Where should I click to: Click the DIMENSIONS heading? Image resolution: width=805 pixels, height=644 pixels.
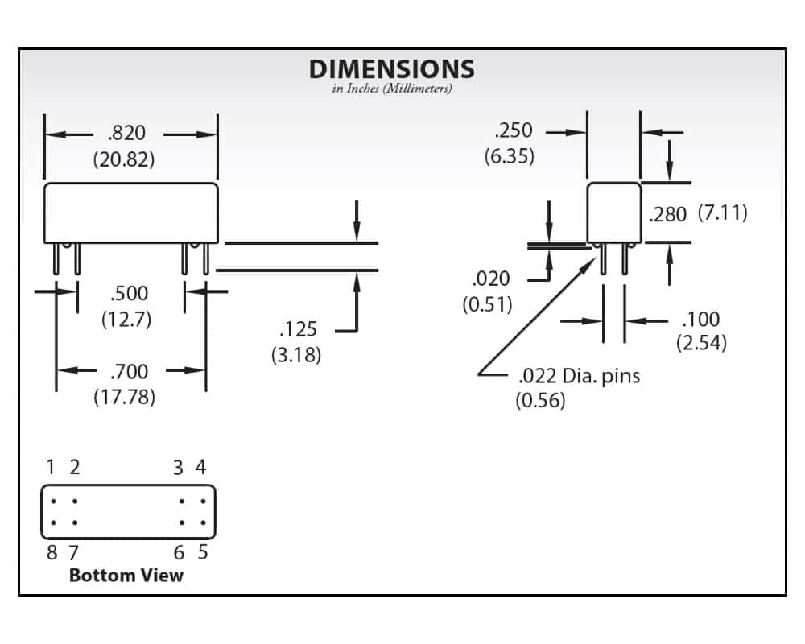(392, 69)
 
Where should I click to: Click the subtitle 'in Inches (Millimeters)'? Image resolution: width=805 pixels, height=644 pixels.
(392, 89)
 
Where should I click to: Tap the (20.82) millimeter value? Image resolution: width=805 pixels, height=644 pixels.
(124, 159)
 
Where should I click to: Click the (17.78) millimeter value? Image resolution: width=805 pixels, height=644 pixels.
(124, 396)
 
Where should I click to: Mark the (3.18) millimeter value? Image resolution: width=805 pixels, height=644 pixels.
(295, 354)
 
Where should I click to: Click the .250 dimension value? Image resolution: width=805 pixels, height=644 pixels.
(513, 131)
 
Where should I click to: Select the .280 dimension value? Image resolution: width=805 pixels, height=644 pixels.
(667, 215)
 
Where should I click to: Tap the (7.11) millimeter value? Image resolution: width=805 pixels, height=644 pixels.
(722, 213)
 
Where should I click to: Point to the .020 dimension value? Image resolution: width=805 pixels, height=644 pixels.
(490, 279)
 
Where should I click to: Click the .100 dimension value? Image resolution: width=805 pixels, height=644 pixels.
(700, 319)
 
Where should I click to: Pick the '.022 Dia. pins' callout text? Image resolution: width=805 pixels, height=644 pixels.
(579, 375)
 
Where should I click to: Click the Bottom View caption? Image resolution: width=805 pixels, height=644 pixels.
(126, 575)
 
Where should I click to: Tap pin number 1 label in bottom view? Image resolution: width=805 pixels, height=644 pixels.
(51, 467)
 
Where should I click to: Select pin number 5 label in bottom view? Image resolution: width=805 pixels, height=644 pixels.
(202, 552)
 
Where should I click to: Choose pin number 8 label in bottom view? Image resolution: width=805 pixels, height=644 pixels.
(52, 552)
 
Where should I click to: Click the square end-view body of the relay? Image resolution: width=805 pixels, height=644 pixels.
(613, 213)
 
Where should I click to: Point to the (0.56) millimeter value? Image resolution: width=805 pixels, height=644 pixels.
(540, 399)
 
